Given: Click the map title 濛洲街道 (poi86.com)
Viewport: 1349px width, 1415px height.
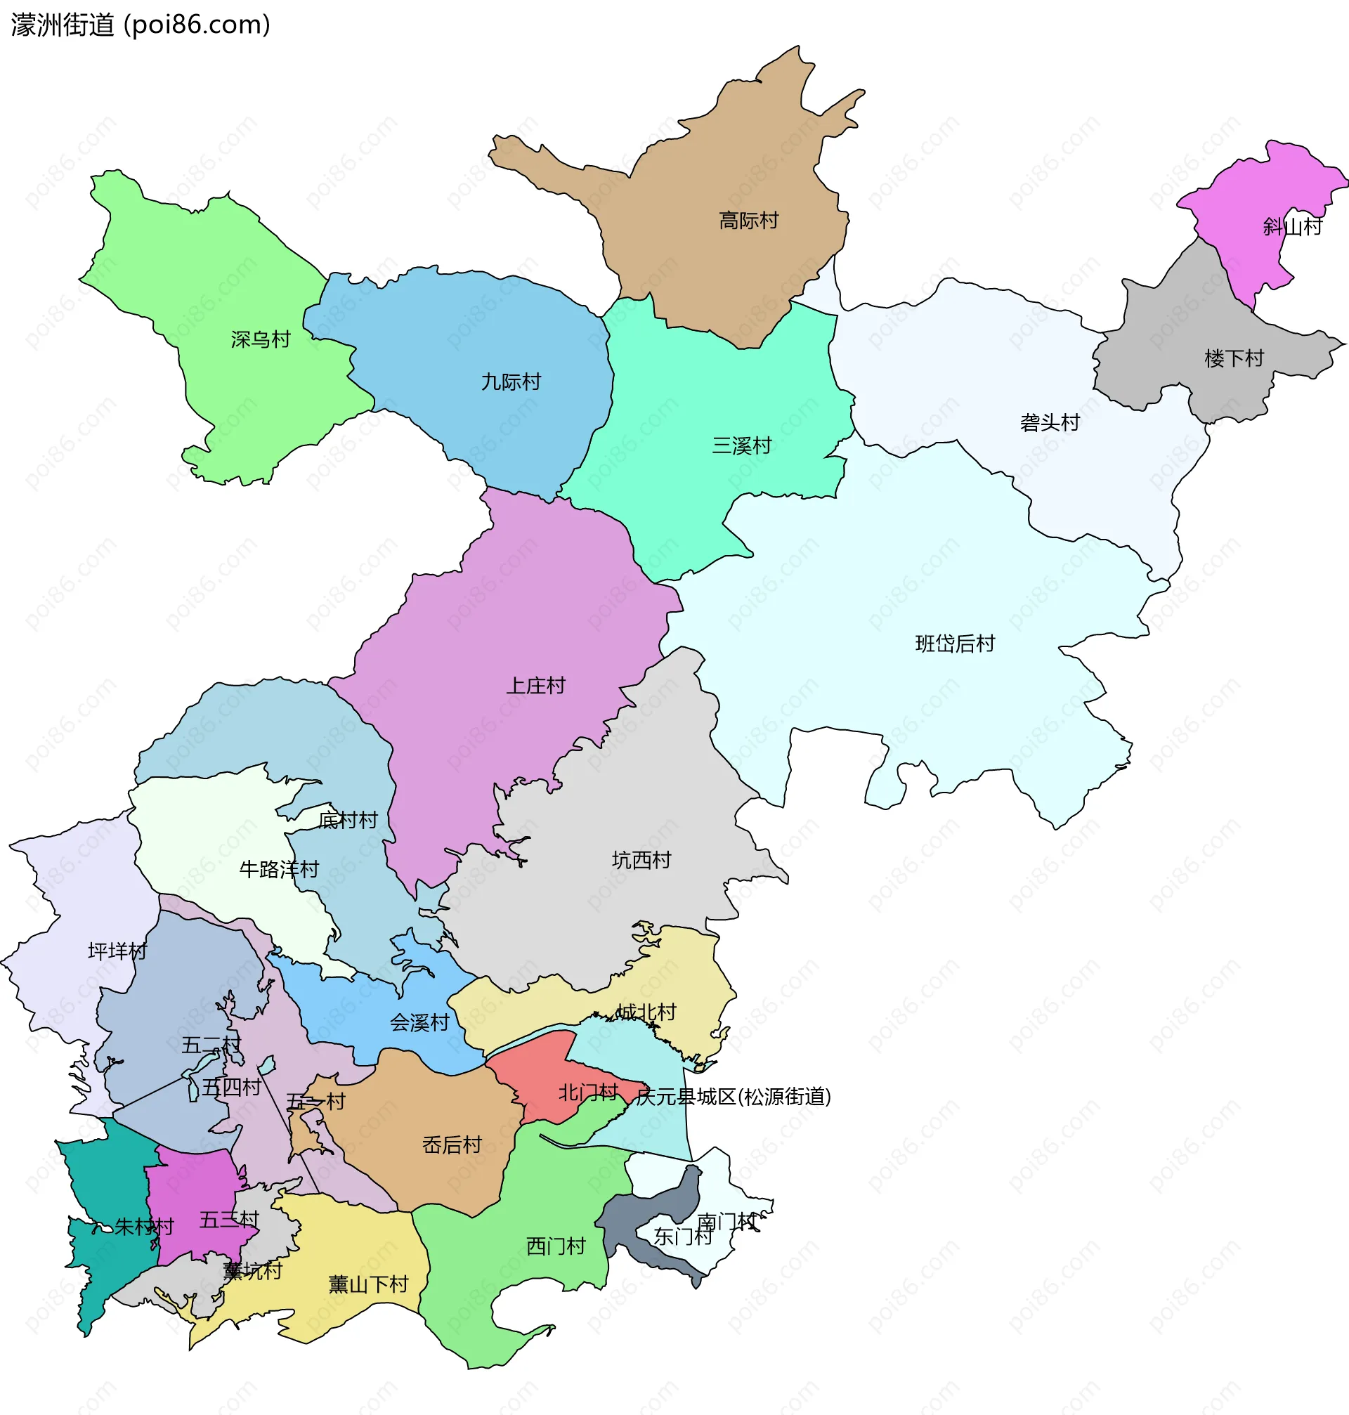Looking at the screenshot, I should click(x=141, y=25).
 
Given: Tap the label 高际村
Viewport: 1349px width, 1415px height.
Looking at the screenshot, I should click(x=748, y=221).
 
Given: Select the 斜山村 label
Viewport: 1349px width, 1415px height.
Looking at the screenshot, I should click(x=1292, y=227).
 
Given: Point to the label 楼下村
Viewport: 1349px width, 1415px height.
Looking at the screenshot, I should click(x=1234, y=358).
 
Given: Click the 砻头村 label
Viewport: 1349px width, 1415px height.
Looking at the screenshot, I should click(x=1049, y=423).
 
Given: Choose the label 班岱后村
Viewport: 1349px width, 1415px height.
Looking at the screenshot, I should click(x=954, y=644).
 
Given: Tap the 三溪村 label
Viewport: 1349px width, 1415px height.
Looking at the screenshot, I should click(x=741, y=445).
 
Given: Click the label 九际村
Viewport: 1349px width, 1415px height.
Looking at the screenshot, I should click(x=511, y=382).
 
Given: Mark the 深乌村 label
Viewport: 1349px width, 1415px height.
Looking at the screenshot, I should click(x=260, y=339).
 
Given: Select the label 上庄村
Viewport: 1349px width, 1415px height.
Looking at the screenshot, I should click(x=535, y=686).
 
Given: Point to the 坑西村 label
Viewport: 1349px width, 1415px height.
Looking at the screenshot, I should click(x=641, y=860).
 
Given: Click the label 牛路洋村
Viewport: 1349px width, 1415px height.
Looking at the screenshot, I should click(x=278, y=870).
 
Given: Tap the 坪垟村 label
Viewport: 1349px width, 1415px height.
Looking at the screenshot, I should click(x=117, y=951).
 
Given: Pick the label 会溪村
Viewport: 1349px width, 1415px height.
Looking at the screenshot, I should click(x=419, y=1022).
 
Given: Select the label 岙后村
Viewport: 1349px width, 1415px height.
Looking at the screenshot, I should click(x=452, y=1145).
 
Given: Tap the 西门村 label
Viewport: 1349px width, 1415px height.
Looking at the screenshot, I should click(x=556, y=1246).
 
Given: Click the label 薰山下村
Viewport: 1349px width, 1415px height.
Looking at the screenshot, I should click(x=368, y=1284).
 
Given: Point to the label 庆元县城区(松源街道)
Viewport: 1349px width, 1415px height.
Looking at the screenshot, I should click(x=734, y=1097).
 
